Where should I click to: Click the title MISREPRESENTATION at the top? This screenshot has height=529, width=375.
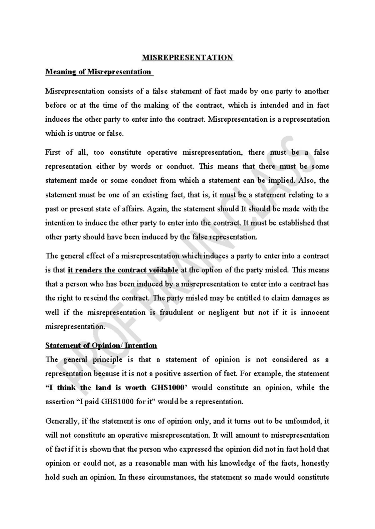point(187,58)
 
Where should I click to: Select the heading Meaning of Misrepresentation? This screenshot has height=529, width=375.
point(98,72)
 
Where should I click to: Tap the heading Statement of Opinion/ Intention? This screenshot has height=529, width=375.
point(101,346)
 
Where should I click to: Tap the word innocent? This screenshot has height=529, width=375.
point(315,313)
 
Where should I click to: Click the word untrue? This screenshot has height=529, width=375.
point(86,134)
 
